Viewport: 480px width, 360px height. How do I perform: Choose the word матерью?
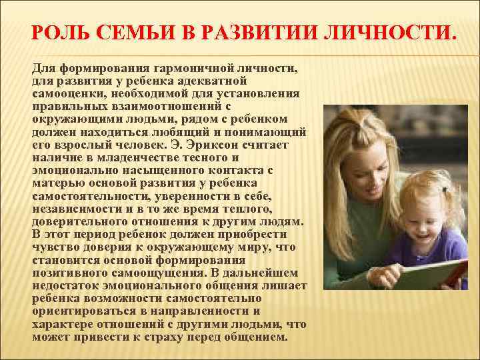[x=55, y=183]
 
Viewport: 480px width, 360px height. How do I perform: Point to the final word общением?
[x=253, y=337]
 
